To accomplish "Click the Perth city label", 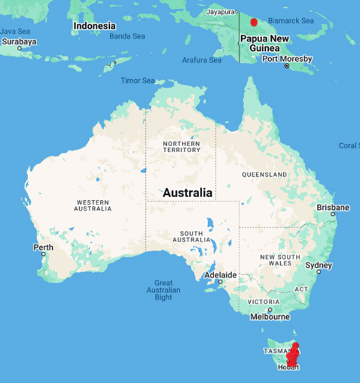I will coord(43,247).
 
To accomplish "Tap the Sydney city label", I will coord(319,265).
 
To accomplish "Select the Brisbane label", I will coord(332,207).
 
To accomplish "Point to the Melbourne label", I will coord(270,316).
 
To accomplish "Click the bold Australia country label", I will coord(188,193).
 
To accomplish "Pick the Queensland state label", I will coord(265,174).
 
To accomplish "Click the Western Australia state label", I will coord(92,204).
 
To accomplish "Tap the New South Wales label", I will coord(275,260).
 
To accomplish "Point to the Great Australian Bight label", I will coord(163,290).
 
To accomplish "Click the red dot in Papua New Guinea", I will coord(253,22).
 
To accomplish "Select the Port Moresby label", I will coord(287,59).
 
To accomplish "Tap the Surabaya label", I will coord(19,42).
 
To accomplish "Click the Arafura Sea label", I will coord(201,60).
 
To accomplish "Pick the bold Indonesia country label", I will coord(94,26).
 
